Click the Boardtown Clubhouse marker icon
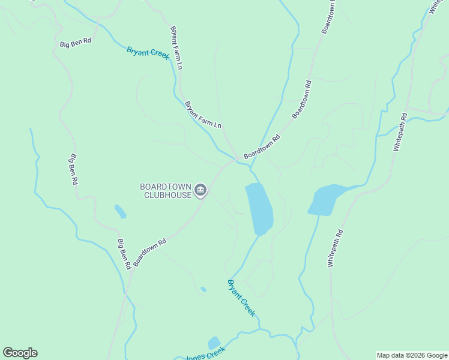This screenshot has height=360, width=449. pyautogui.click(x=200, y=191)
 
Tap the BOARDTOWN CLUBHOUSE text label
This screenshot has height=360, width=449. pyautogui.click(x=165, y=191)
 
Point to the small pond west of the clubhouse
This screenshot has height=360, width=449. pyautogui.click(x=120, y=211)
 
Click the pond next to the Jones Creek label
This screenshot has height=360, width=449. pyautogui.click(x=214, y=343)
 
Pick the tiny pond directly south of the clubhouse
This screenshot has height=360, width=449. pyautogui.click(x=203, y=289)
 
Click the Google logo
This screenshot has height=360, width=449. pyautogui.click(x=20, y=353)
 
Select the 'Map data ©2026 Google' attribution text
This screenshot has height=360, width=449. pyautogui.click(x=411, y=355)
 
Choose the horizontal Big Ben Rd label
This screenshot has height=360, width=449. pyautogui.click(x=75, y=43)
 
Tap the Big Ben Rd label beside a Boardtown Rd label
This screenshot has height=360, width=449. pyautogui.click(x=123, y=255)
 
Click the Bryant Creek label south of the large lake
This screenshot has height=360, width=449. pyautogui.click(x=241, y=298)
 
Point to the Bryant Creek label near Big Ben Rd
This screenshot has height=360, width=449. pyautogui.click(x=148, y=53)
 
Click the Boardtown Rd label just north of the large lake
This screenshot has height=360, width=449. pyautogui.click(x=262, y=147)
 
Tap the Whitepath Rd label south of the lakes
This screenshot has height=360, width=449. pyautogui.click(x=335, y=248)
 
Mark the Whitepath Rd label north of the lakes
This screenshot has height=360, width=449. pyautogui.click(x=400, y=133)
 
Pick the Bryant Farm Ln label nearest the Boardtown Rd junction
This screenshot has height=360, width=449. pyautogui.click(x=203, y=115)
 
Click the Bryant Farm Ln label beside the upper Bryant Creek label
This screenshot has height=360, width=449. pyautogui.click(x=176, y=47)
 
